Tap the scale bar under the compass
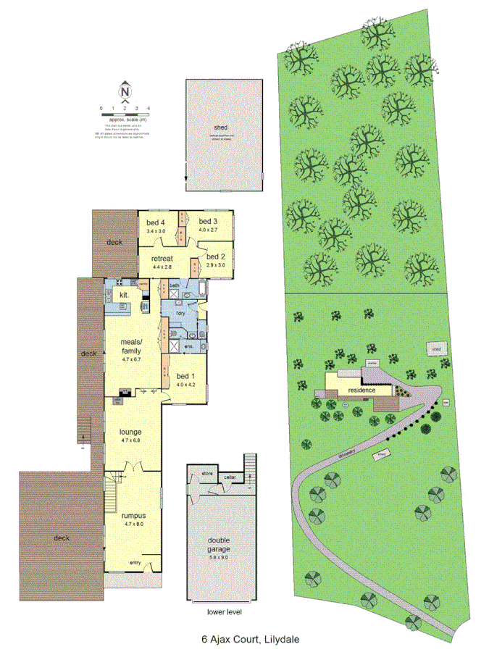coord(125,114)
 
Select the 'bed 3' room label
coord(209,221)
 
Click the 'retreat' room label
coord(162,259)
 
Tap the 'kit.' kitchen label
coord(124,295)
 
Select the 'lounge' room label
coord(130,432)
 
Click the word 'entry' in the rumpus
coord(135,563)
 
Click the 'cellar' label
coord(230,477)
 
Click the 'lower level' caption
coord(225,612)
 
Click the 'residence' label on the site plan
coord(361,390)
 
